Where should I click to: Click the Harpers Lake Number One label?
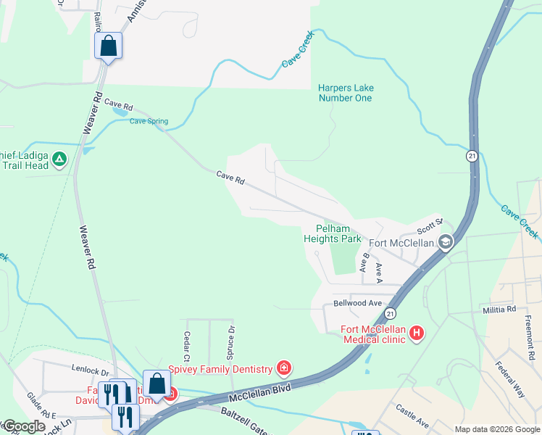[x=345, y=93]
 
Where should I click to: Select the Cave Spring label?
[x=149, y=121]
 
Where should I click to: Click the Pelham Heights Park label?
[x=331, y=233]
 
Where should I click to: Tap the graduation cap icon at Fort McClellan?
[x=445, y=242]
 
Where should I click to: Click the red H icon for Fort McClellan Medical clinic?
[x=417, y=333]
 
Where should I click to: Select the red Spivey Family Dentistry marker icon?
[x=285, y=368]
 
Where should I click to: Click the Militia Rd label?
[x=499, y=310]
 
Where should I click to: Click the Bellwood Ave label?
[x=357, y=302]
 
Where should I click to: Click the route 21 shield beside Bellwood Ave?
[x=390, y=313]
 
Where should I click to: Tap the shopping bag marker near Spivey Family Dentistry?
[x=157, y=384]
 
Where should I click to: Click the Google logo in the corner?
[x=23, y=427]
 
